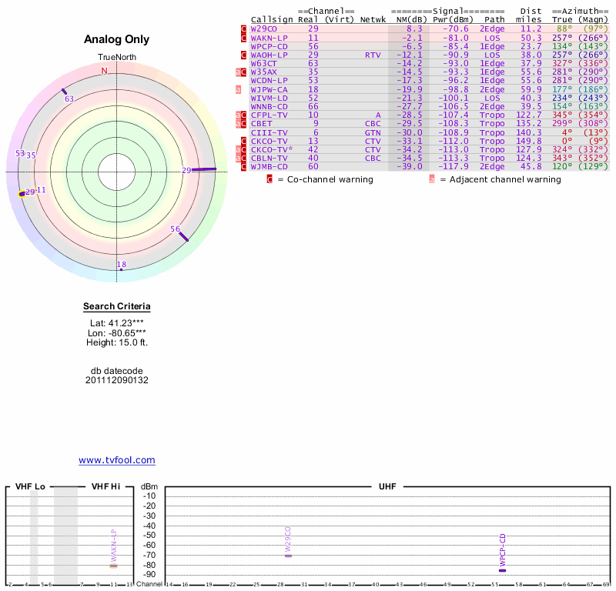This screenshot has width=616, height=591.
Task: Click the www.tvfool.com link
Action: click(117, 460)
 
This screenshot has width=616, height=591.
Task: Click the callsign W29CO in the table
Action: click(264, 28)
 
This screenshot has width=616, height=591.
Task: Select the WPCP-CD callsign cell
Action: click(269, 46)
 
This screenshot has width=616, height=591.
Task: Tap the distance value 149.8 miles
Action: click(527, 141)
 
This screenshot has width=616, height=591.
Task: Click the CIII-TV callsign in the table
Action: click(269, 132)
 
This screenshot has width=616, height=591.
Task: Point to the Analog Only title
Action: click(116, 39)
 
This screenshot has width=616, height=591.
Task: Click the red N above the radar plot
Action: click(105, 71)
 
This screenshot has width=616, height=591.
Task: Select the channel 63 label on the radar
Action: click(69, 98)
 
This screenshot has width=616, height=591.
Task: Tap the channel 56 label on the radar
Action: click(176, 229)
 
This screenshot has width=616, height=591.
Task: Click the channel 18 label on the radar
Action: click(122, 265)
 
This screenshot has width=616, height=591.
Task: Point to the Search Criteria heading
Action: click(117, 306)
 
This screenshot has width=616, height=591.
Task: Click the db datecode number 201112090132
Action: click(117, 380)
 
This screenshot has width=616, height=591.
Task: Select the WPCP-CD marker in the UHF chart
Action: click(503, 570)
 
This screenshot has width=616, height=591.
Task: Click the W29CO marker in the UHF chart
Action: click(288, 556)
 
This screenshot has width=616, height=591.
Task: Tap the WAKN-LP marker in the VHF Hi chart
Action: click(113, 566)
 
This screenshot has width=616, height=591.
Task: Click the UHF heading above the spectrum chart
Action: click(387, 486)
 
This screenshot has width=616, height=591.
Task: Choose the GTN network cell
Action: click(373, 132)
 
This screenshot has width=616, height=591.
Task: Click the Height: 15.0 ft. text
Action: click(117, 342)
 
